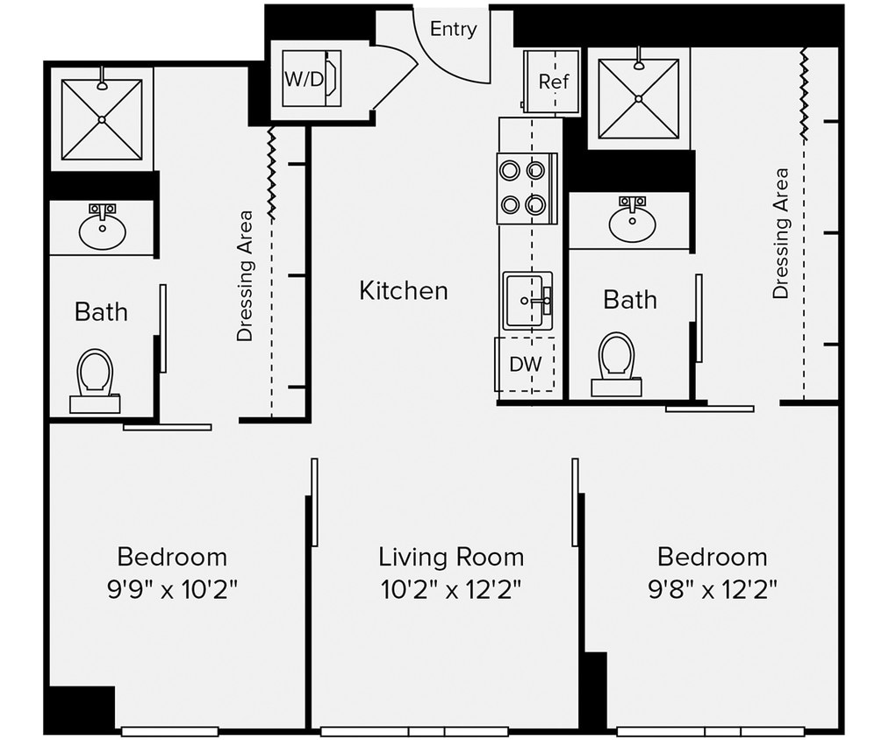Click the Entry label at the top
click(453, 29)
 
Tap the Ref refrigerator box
click(552, 82)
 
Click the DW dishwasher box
click(526, 364)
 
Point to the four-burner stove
click(527, 189)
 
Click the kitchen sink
click(527, 300)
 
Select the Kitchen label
click(403, 291)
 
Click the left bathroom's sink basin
click(102, 230)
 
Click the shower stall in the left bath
click(102, 118)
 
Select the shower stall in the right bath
click(638, 97)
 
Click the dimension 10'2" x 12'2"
click(451, 589)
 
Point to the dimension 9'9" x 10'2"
click(172, 589)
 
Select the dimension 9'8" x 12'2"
click(712, 589)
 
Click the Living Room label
click(451, 557)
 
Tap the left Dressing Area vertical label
click(245, 275)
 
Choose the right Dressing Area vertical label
click(780, 233)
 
